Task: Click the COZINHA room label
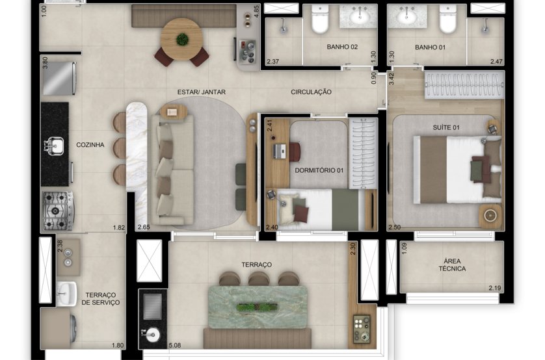coord(90,145)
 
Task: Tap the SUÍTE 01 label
coord(446,127)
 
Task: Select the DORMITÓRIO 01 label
coord(319,170)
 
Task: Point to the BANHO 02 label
coord(342,47)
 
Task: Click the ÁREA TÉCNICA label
coord(452,265)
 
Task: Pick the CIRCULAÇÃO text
coord(311,92)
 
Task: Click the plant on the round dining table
coord(182,39)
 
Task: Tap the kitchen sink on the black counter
coord(53,146)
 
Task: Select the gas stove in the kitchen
coord(58,211)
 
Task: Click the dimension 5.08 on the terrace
coord(175,346)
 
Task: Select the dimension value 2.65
coord(144,227)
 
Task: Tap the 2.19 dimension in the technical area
coord(495,288)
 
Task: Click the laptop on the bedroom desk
coord(280,151)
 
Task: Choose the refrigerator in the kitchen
coord(59,78)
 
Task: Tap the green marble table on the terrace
coord(258,307)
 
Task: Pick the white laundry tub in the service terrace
coord(66,293)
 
